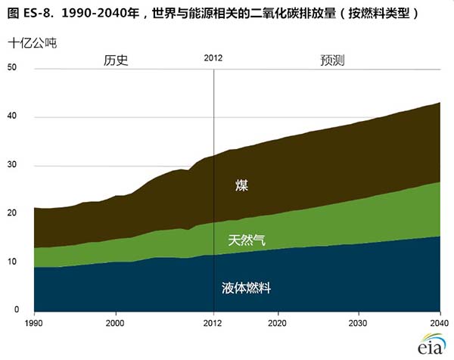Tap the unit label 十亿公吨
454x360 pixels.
[x=33, y=43]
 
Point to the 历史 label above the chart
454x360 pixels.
[x=116, y=61]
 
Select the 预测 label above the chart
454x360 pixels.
[x=332, y=61]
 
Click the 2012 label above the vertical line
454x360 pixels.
[x=213, y=58]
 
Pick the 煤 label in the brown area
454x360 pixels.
[x=241, y=185]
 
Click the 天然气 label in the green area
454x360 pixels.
[x=247, y=241]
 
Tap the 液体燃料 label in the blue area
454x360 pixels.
[x=247, y=288]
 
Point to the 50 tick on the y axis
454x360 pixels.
[x=12, y=67]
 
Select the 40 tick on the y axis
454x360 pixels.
[x=12, y=116]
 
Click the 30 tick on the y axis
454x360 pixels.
[x=12, y=164]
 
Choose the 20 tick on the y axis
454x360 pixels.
[x=12, y=213]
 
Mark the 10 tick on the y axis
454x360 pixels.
[x=12, y=262]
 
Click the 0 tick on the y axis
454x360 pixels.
[x=17, y=309]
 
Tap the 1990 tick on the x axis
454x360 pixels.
[x=33, y=323]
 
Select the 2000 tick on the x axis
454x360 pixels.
[x=115, y=323]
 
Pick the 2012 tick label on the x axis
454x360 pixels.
[x=213, y=323]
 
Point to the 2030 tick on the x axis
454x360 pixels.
[x=358, y=323]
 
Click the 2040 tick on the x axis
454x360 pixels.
[x=439, y=323]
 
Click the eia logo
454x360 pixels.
[x=431, y=344]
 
